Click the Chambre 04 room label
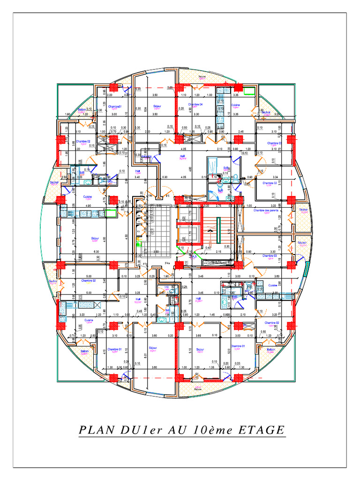click(x=195, y=105)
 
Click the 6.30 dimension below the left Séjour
click(x=97, y=252)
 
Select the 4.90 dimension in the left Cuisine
click(x=88, y=206)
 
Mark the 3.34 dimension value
click(x=276, y=177)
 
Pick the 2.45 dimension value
click(x=240, y=132)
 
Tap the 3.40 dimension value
click(x=137, y=177)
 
